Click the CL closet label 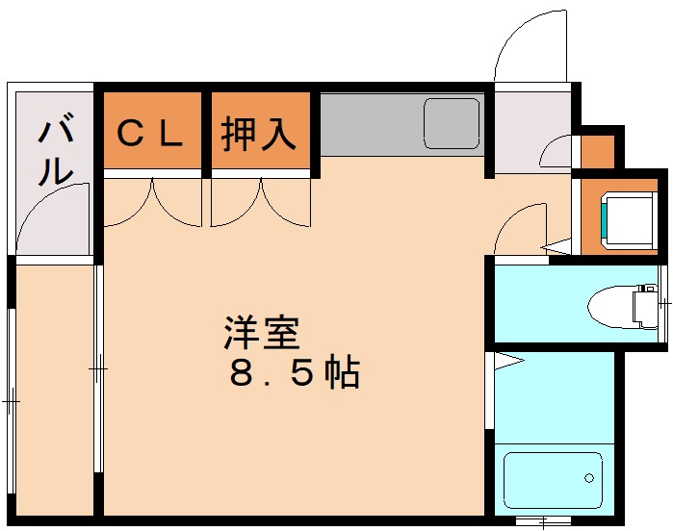[x=149, y=134]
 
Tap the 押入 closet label [x=258, y=134]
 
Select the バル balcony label [x=55, y=149]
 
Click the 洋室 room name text [x=261, y=333]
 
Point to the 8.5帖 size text [x=294, y=372]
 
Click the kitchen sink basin [x=451, y=123]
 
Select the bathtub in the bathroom [x=553, y=478]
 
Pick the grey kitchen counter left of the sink [x=370, y=123]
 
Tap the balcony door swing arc [x=53, y=216]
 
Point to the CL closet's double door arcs [x=151, y=203]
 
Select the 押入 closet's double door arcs [x=261, y=203]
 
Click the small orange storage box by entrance [x=597, y=151]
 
